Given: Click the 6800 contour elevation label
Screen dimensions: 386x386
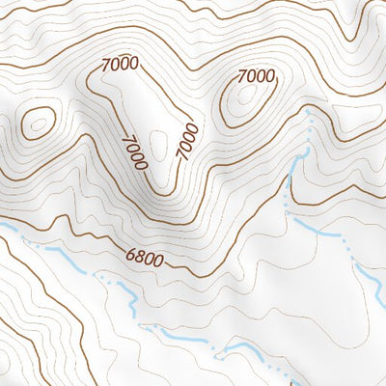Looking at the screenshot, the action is (145, 257).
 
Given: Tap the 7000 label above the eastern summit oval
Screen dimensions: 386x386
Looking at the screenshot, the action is (256, 75).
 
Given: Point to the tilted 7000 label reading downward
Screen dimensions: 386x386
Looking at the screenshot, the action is (134, 152).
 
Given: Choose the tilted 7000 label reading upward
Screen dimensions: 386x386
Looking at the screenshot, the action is (187, 141).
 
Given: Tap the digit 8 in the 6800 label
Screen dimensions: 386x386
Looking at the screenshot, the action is (139, 256).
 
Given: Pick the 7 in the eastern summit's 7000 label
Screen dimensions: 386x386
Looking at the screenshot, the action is (241, 75).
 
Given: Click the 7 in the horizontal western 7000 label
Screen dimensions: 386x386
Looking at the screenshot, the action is (105, 65).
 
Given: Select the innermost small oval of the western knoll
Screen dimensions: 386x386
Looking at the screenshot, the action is (38, 123).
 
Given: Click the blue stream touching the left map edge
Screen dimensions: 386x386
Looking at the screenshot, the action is (8, 228).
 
